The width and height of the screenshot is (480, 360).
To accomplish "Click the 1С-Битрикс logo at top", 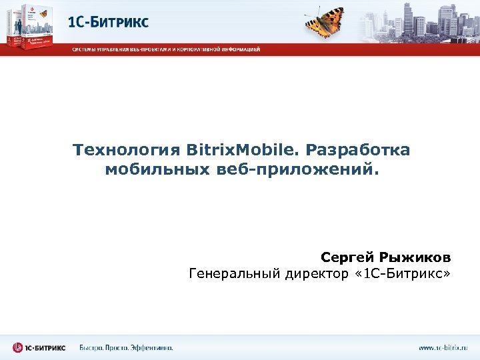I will (x=108, y=22).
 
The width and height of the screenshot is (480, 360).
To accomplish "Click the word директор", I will (x=314, y=274).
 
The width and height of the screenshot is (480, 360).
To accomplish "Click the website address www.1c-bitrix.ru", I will (x=443, y=347).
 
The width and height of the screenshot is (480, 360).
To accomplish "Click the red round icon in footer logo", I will (x=17, y=347).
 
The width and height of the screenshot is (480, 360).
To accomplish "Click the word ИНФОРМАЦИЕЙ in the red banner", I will (x=242, y=49).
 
